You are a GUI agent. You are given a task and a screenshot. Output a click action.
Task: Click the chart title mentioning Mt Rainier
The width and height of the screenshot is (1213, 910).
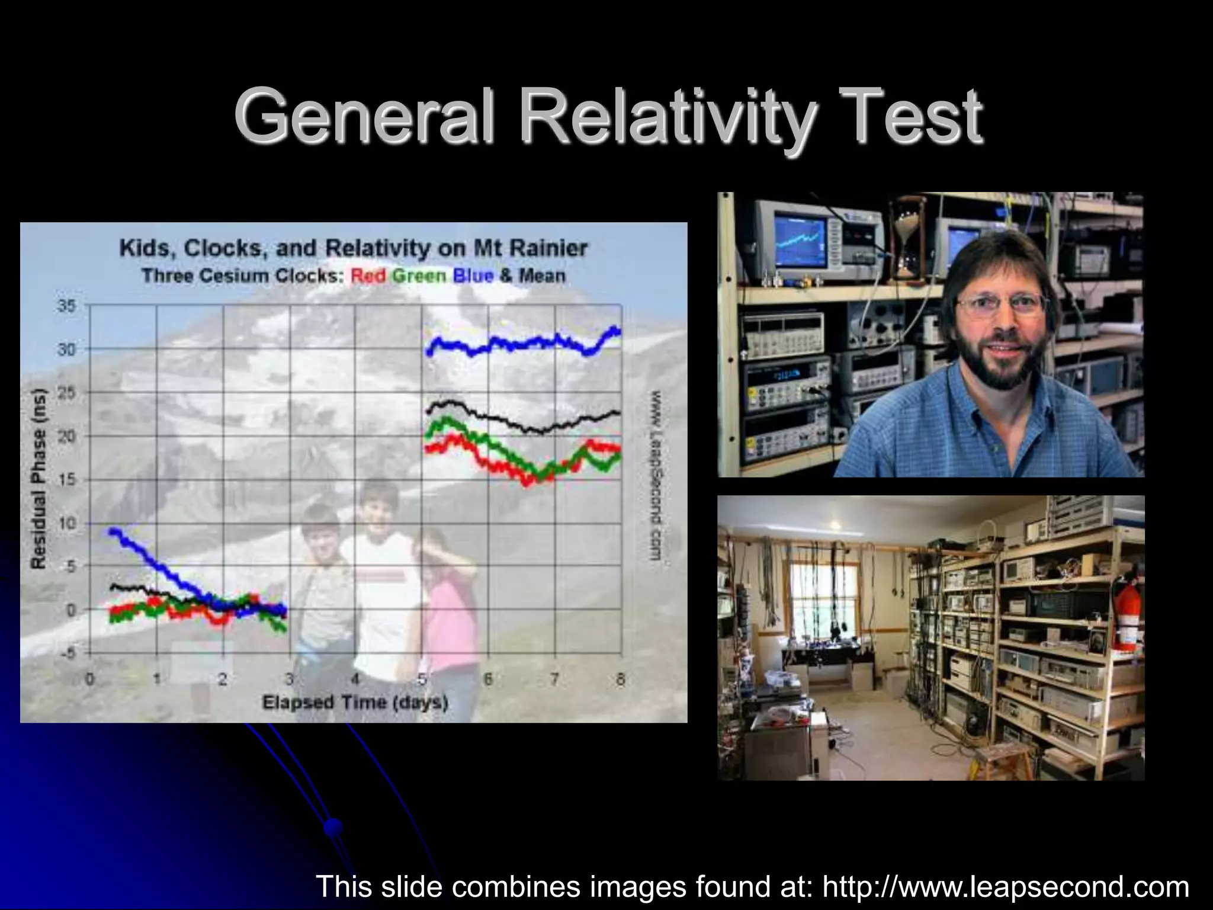click(x=354, y=248)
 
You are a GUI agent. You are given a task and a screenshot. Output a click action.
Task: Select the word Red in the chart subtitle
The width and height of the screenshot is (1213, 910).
click(x=368, y=276)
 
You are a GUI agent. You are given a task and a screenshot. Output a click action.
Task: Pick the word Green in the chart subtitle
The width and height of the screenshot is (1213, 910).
click(x=419, y=276)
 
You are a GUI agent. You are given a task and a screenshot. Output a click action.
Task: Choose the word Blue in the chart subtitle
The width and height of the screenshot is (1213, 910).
click(x=473, y=276)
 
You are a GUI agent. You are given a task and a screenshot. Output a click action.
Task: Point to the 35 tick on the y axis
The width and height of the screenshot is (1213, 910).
click(x=66, y=306)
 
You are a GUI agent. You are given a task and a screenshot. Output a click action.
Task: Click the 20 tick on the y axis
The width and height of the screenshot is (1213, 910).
click(x=66, y=437)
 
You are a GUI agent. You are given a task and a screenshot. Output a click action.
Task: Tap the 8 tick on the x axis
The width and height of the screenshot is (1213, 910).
click(x=621, y=680)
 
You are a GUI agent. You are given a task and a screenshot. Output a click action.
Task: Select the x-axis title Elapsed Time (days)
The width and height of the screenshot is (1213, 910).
click(x=355, y=703)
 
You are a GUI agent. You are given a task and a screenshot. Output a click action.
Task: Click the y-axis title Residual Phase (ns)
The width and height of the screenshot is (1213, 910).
click(x=39, y=479)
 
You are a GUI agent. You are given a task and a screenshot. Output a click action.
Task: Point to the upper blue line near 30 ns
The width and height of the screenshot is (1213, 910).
click(x=521, y=343)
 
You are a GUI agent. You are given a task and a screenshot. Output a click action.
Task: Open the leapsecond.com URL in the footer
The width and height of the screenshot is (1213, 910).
click(x=1006, y=887)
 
